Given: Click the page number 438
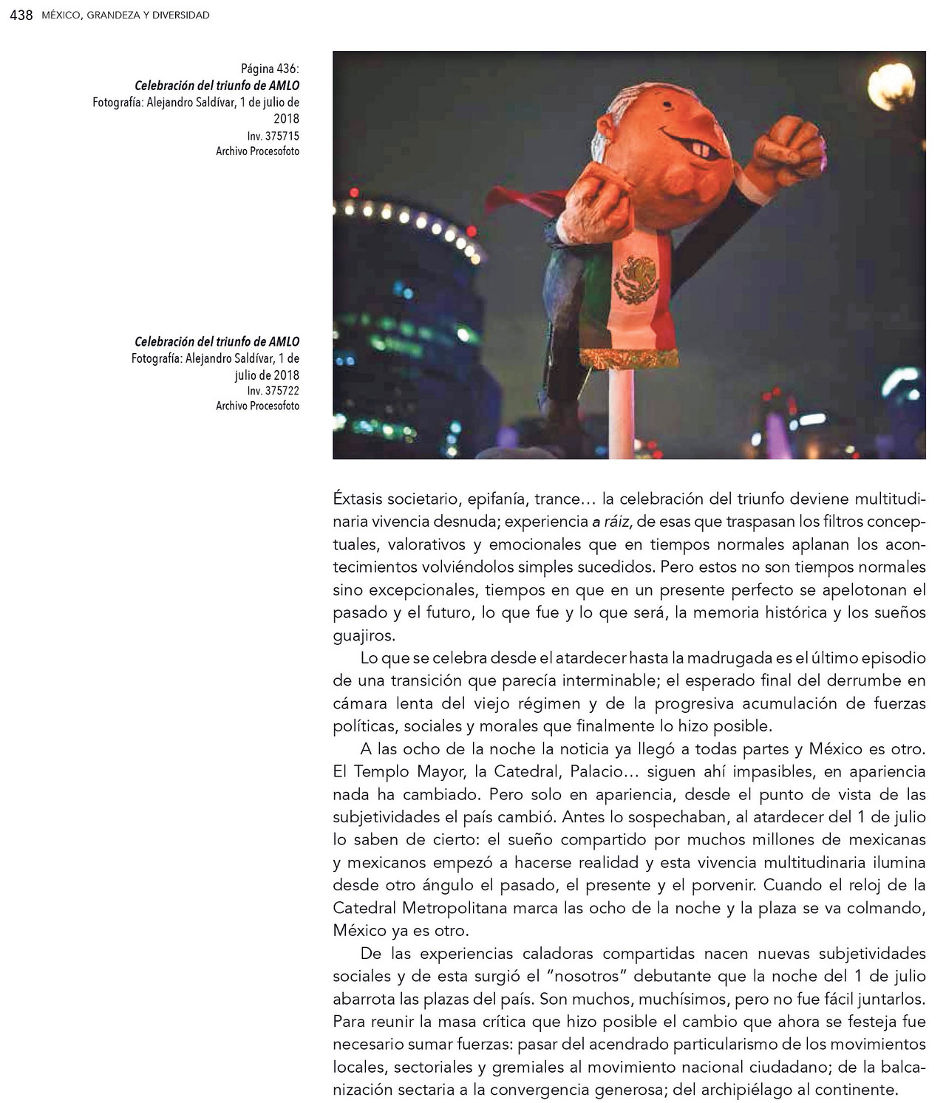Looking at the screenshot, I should click(x=21, y=15).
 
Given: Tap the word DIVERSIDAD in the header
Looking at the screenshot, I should click(x=181, y=15).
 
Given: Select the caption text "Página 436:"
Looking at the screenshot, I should click(x=270, y=69).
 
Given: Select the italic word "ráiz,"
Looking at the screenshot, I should click(x=613, y=522).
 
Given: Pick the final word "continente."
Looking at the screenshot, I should click(x=859, y=1090).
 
